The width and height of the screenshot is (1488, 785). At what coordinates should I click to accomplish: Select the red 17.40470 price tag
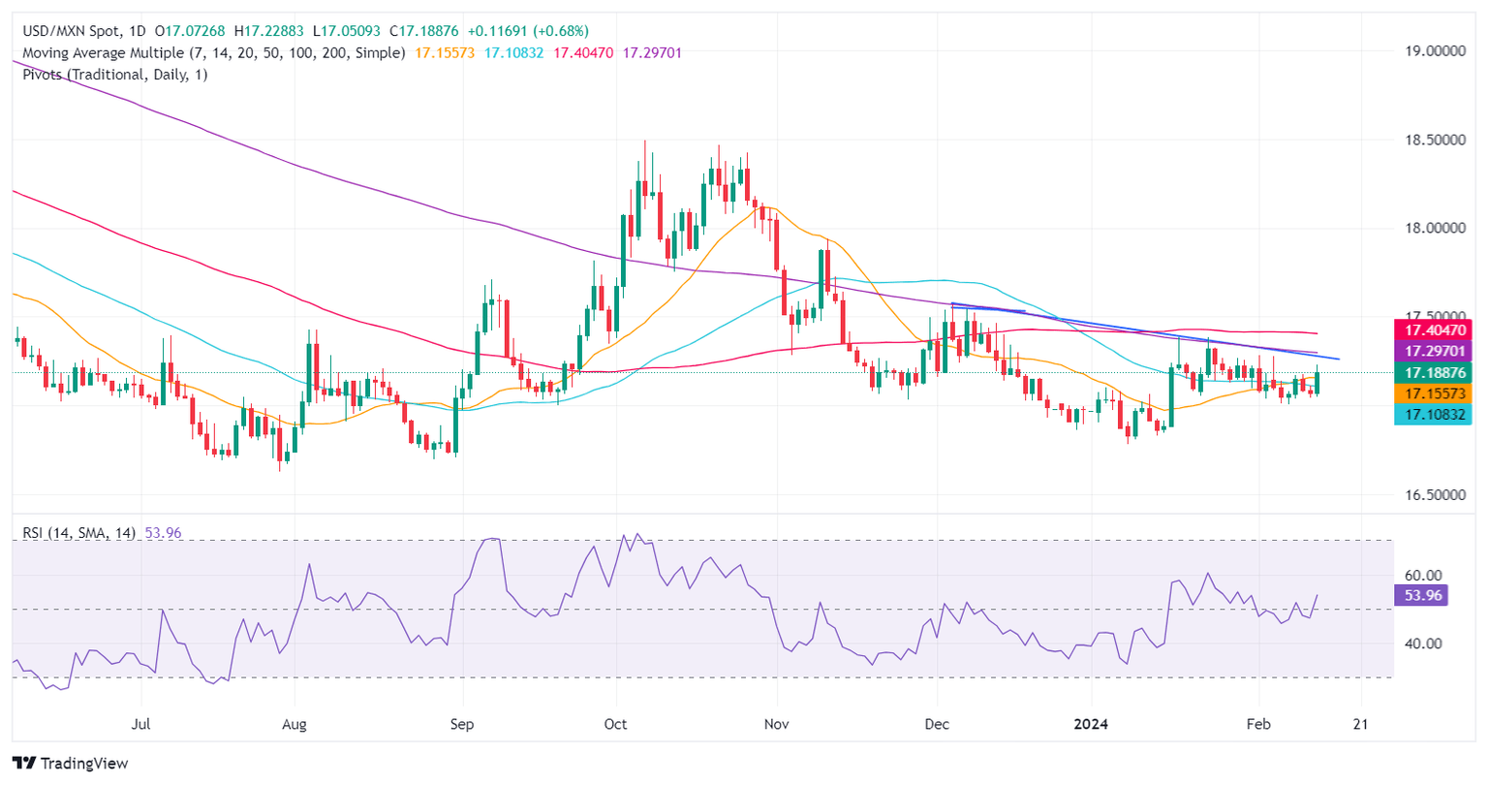(x=1432, y=330)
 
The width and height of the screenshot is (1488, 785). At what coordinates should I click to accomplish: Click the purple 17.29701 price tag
(x=1432, y=351)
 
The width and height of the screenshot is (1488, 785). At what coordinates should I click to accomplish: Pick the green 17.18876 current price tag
(x=1432, y=372)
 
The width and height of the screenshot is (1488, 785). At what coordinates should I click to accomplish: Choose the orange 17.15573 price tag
(x=1432, y=393)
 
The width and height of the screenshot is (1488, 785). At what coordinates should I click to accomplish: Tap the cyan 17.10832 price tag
(x=1432, y=415)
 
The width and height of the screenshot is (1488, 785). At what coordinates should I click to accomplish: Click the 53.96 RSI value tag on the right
(x=1420, y=595)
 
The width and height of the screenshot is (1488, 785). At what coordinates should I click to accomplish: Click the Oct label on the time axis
(x=615, y=724)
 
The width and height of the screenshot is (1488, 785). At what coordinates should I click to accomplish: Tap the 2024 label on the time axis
(x=1092, y=724)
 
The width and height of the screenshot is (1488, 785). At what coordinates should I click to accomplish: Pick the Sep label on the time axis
(x=463, y=724)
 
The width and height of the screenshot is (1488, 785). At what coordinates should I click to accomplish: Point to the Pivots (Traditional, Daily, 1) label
(x=114, y=75)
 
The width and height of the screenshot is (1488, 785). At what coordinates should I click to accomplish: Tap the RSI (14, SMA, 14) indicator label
(x=78, y=533)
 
